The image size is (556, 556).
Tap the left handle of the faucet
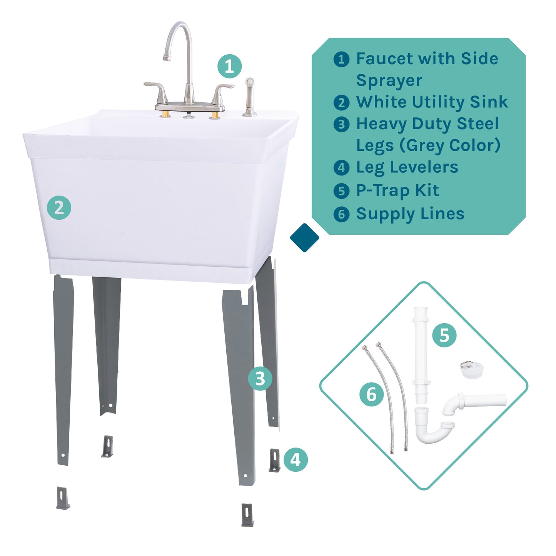click(x=157, y=87)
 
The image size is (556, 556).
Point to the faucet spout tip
click(x=167, y=57)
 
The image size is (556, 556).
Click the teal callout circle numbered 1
click(x=229, y=66)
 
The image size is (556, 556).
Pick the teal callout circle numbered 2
click(x=59, y=208)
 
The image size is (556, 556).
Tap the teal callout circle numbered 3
click(x=260, y=379)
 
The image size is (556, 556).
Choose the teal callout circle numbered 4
click(x=296, y=459)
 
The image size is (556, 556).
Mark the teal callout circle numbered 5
click(x=444, y=335)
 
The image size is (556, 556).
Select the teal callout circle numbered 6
click(x=371, y=395)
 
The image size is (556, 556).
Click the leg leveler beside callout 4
click(x=274, y=460)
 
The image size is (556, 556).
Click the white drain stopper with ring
click(x=471, y=370)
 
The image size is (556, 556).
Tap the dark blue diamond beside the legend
click(x=304, y=238)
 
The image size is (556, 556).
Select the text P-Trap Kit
click(x=397, y=191)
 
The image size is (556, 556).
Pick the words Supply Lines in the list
click(x=410, y=214)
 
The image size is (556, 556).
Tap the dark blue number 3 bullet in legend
click(x=341, y=125)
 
